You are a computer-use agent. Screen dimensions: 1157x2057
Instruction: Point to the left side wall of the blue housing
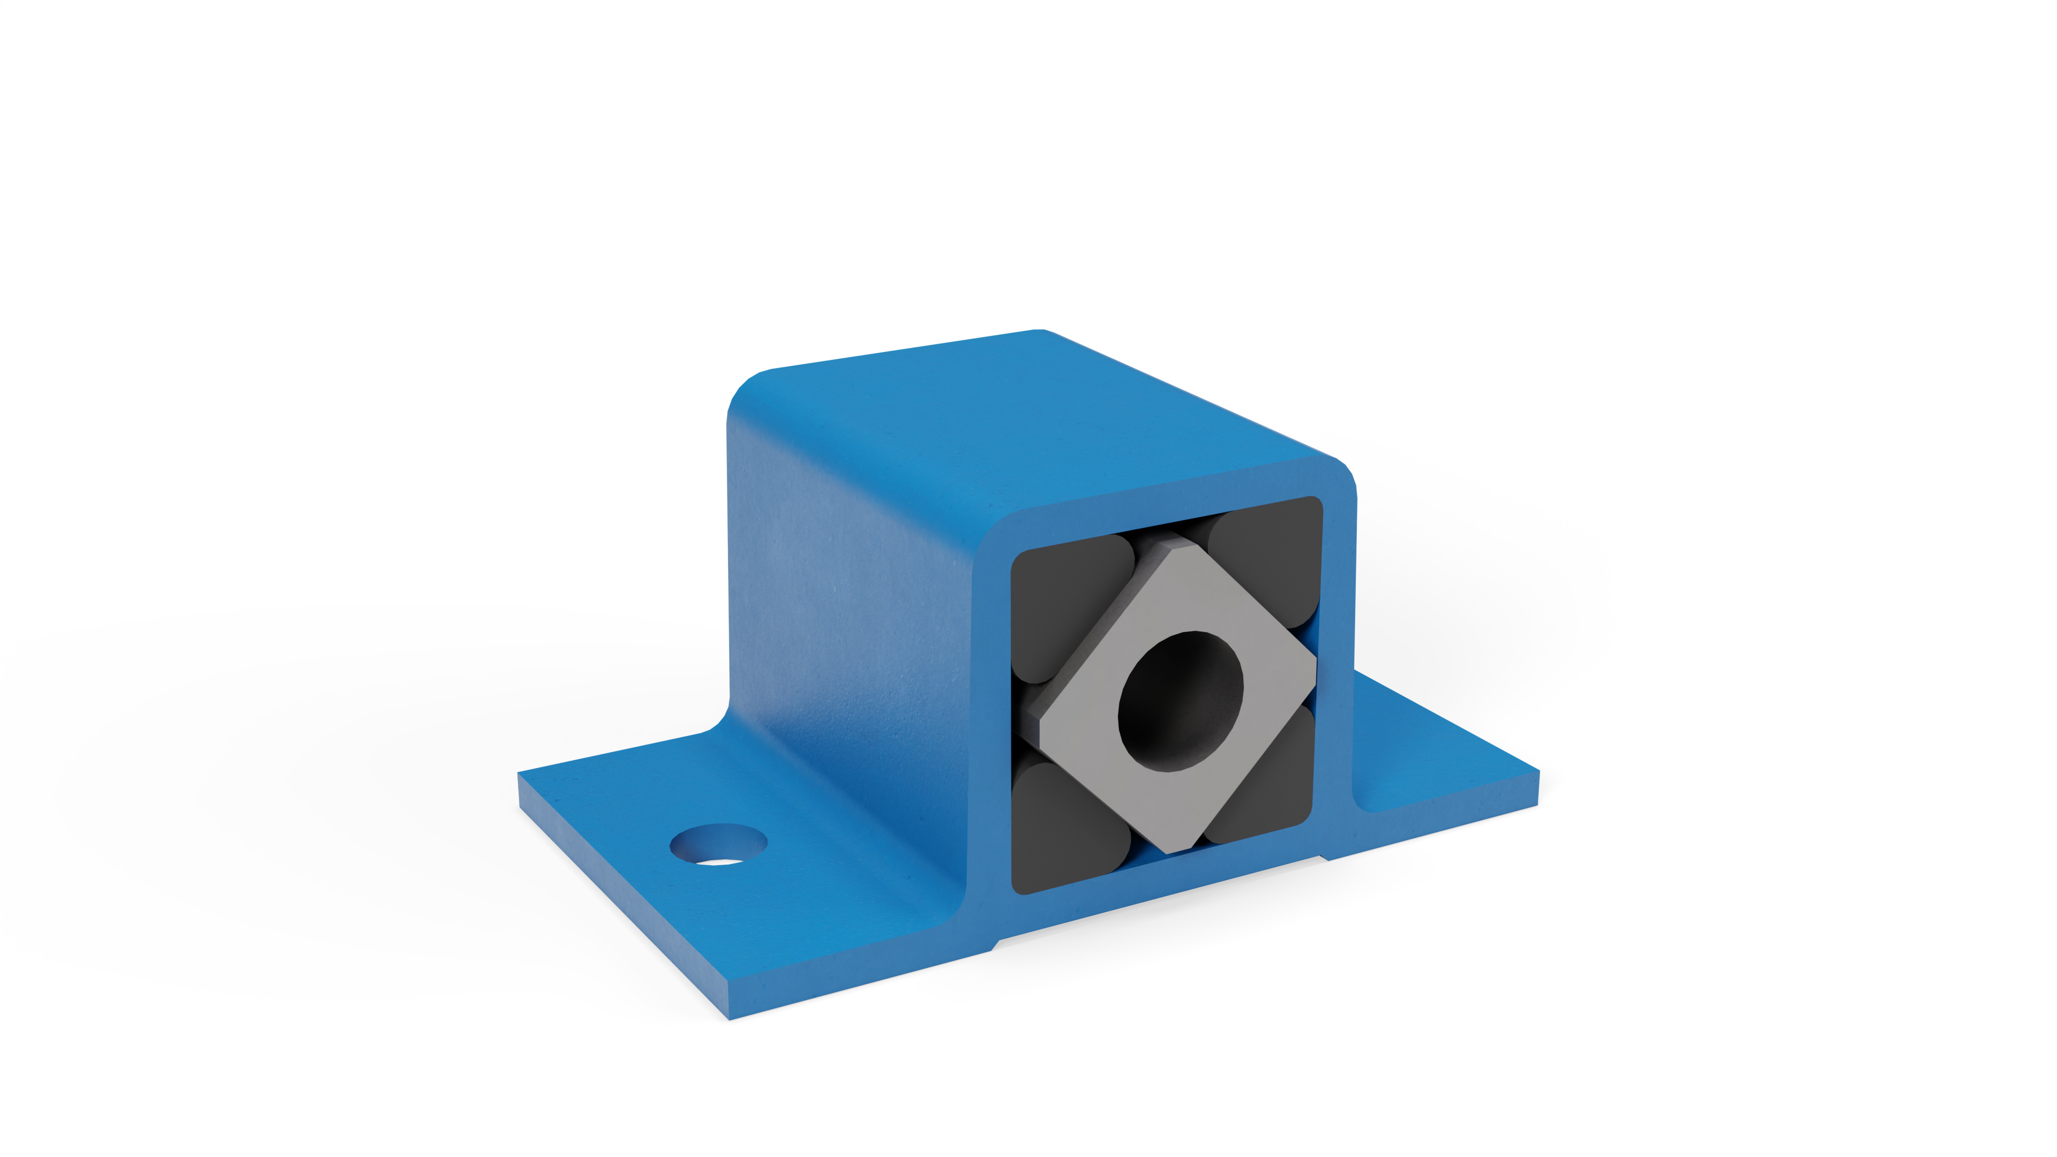pos(846,607)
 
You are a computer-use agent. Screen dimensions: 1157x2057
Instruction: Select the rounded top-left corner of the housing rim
pos(998,531)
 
